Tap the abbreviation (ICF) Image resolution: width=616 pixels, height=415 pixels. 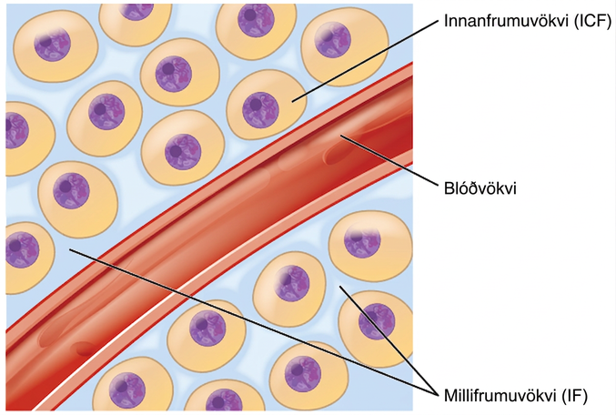(x=593, y=21)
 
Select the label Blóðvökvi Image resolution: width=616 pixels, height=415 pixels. (x=480, y=188)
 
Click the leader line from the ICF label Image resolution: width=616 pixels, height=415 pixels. (x=365, y=61)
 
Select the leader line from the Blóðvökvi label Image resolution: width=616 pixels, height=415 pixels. (x=389, y=159)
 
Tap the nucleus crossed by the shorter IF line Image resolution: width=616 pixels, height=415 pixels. (x=377, y=321)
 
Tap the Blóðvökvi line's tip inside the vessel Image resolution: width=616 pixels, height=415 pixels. (x=340, y=136)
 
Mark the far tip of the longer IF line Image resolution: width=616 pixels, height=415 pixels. (x=69, y=248)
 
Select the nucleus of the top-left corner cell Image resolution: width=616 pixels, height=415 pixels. (x=52, y=43)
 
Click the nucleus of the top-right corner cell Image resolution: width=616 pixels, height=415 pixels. (x=333, y=39)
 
